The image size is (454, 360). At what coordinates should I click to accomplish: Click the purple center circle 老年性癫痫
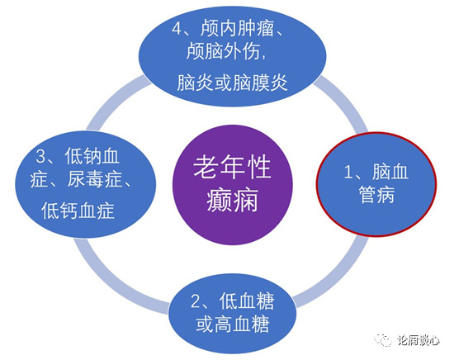[x=233, y=184]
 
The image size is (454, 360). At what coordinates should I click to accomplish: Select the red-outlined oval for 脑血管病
[x=376, y=184]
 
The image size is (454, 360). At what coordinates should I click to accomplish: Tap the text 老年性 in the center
[x=232, y=167]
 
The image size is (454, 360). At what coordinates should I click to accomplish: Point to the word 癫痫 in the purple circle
[x=232, y=200]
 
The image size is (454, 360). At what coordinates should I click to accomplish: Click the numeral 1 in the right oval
[x=348, y=172]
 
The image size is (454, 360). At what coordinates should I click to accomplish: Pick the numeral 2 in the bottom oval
[x=195, y=301]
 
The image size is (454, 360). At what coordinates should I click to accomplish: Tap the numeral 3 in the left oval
[x=40, y=156]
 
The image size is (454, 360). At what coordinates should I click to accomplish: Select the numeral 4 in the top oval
[x=177, y=28]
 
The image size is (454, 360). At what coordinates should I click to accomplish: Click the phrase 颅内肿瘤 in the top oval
[x=237, y=28]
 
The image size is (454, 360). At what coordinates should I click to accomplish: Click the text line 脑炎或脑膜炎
[x=232, y=83]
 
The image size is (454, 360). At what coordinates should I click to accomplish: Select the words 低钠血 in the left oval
[x=92, y=156]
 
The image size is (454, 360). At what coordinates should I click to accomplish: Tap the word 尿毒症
[x=94, y=179]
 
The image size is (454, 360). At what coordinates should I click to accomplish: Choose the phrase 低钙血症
[x=78, y=211]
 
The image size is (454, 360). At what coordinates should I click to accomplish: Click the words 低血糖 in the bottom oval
[x=247, y=301]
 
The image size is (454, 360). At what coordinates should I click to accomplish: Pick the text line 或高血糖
[x=233, y=324]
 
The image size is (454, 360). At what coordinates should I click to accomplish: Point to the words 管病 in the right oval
[x=376, y=194]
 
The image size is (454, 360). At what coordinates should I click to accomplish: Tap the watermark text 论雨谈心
[x=419, y=340]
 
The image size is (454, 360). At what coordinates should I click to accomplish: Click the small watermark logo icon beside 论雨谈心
[x=383, y=339]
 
